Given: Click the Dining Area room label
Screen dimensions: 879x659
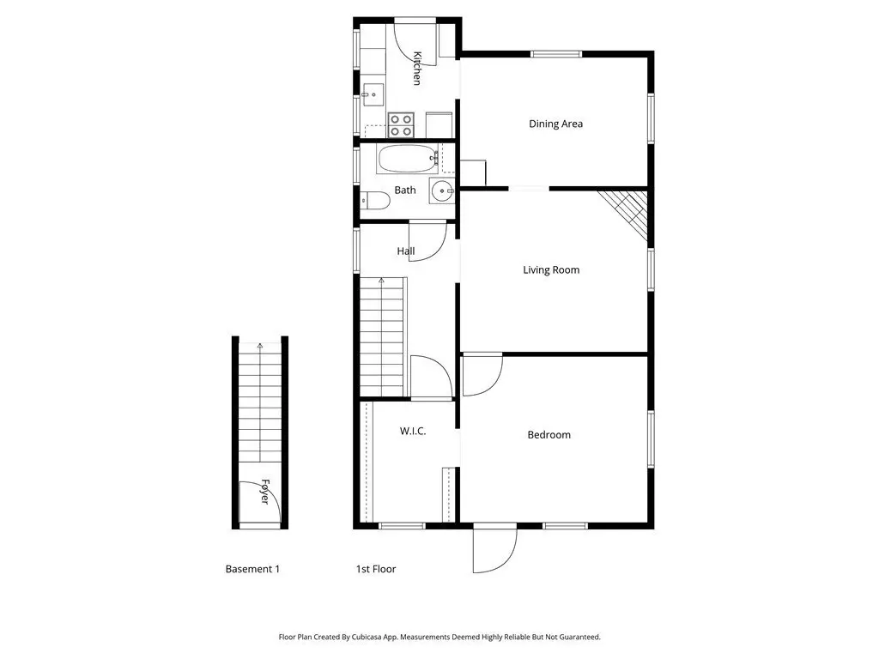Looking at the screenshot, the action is click(555, 124).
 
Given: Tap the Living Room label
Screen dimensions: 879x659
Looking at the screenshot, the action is click(551, 270).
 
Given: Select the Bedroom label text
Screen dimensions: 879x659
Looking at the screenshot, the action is click(549, 435).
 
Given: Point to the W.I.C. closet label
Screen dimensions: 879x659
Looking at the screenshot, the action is click(413, 431).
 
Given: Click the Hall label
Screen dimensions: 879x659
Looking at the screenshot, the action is click(406, 251).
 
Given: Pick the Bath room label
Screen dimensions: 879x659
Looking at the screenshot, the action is click(405, 190).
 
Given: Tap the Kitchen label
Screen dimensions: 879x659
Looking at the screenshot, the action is click(416, 69).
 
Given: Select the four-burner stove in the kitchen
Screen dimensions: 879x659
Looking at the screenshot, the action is click(401, 125).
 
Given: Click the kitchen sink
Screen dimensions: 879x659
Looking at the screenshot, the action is click(373, 94).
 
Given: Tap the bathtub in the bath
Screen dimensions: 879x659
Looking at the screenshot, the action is click(408, 159).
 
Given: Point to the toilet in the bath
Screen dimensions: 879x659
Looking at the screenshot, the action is click(375, 200).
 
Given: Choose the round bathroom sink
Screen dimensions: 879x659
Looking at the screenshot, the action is click(443, 191).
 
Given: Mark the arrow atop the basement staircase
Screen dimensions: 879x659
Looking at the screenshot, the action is click(259, 346).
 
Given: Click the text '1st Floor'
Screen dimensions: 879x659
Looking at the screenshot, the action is click(376, 570).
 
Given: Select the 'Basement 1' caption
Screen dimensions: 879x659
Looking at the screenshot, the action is click(252, 570).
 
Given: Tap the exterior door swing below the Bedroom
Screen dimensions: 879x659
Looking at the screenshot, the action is click(494, 549).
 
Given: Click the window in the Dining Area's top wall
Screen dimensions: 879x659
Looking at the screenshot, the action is click(556, 54).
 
